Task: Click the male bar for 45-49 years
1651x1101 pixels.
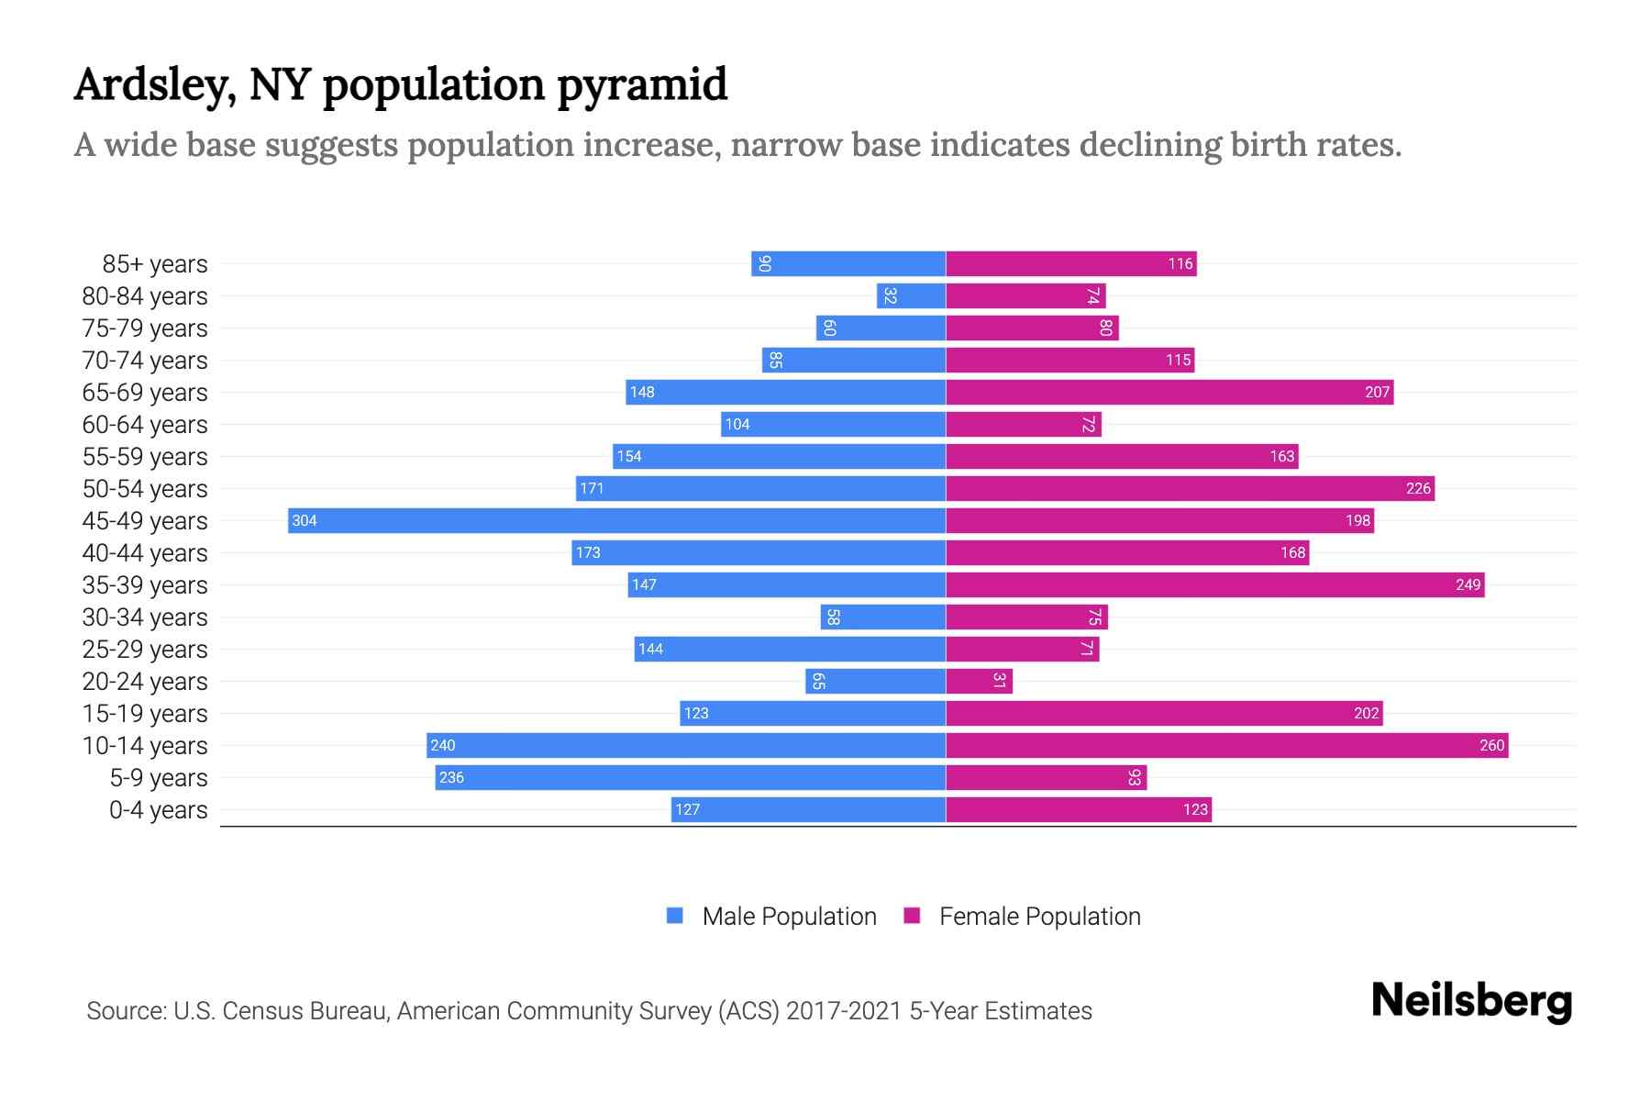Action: pos(616,520)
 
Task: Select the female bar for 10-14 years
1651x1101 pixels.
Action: pos(1226,745)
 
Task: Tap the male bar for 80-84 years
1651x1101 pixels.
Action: pos(911,295)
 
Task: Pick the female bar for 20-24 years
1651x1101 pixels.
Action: pos(979,681)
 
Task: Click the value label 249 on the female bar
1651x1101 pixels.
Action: pos(1468,584)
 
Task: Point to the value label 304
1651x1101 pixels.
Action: pos(304,520)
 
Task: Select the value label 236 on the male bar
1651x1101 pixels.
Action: pos(451,777)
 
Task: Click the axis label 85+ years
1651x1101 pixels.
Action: pos(154,264)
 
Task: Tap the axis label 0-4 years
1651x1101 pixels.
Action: pos(158,810)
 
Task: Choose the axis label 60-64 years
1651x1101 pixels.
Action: pos(145,425)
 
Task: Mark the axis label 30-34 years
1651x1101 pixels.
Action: pos(145,617)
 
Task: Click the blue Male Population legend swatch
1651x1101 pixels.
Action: pos(675,916)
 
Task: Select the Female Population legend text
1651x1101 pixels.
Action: pos(1039,916)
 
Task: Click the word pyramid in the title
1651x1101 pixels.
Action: pos(641,85)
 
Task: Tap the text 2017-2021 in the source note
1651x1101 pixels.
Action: pos(843,1011)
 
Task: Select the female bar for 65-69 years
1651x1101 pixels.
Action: pos(1169,392)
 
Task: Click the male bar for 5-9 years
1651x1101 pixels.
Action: pos(690,777)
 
